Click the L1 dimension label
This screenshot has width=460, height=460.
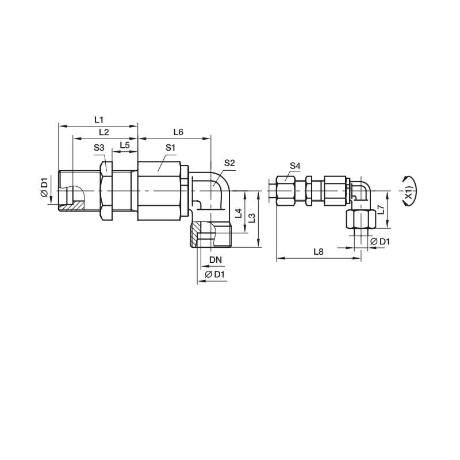point(99,120)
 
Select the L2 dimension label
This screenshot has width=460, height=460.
point(104,132)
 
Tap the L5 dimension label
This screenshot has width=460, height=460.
point(125,145)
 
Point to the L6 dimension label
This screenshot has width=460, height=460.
point(178,132)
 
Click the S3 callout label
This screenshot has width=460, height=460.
point(99,148)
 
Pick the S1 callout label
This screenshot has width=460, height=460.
point(170,148)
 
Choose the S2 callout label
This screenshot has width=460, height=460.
point(229,163)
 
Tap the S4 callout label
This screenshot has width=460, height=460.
point(295,166)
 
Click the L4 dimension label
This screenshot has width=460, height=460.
point(239,213)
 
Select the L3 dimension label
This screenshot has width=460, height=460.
point(252,218)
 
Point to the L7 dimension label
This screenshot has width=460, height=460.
point(381,209)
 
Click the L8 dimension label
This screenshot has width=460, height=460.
point(319,252)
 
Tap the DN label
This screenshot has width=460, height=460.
point(216,260)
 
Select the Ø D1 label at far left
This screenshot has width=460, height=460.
point(44,187)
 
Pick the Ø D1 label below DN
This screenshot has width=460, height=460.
point(214,275)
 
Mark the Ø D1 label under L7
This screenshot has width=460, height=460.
point(380,241)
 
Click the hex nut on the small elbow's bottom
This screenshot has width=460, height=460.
point(361,219)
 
